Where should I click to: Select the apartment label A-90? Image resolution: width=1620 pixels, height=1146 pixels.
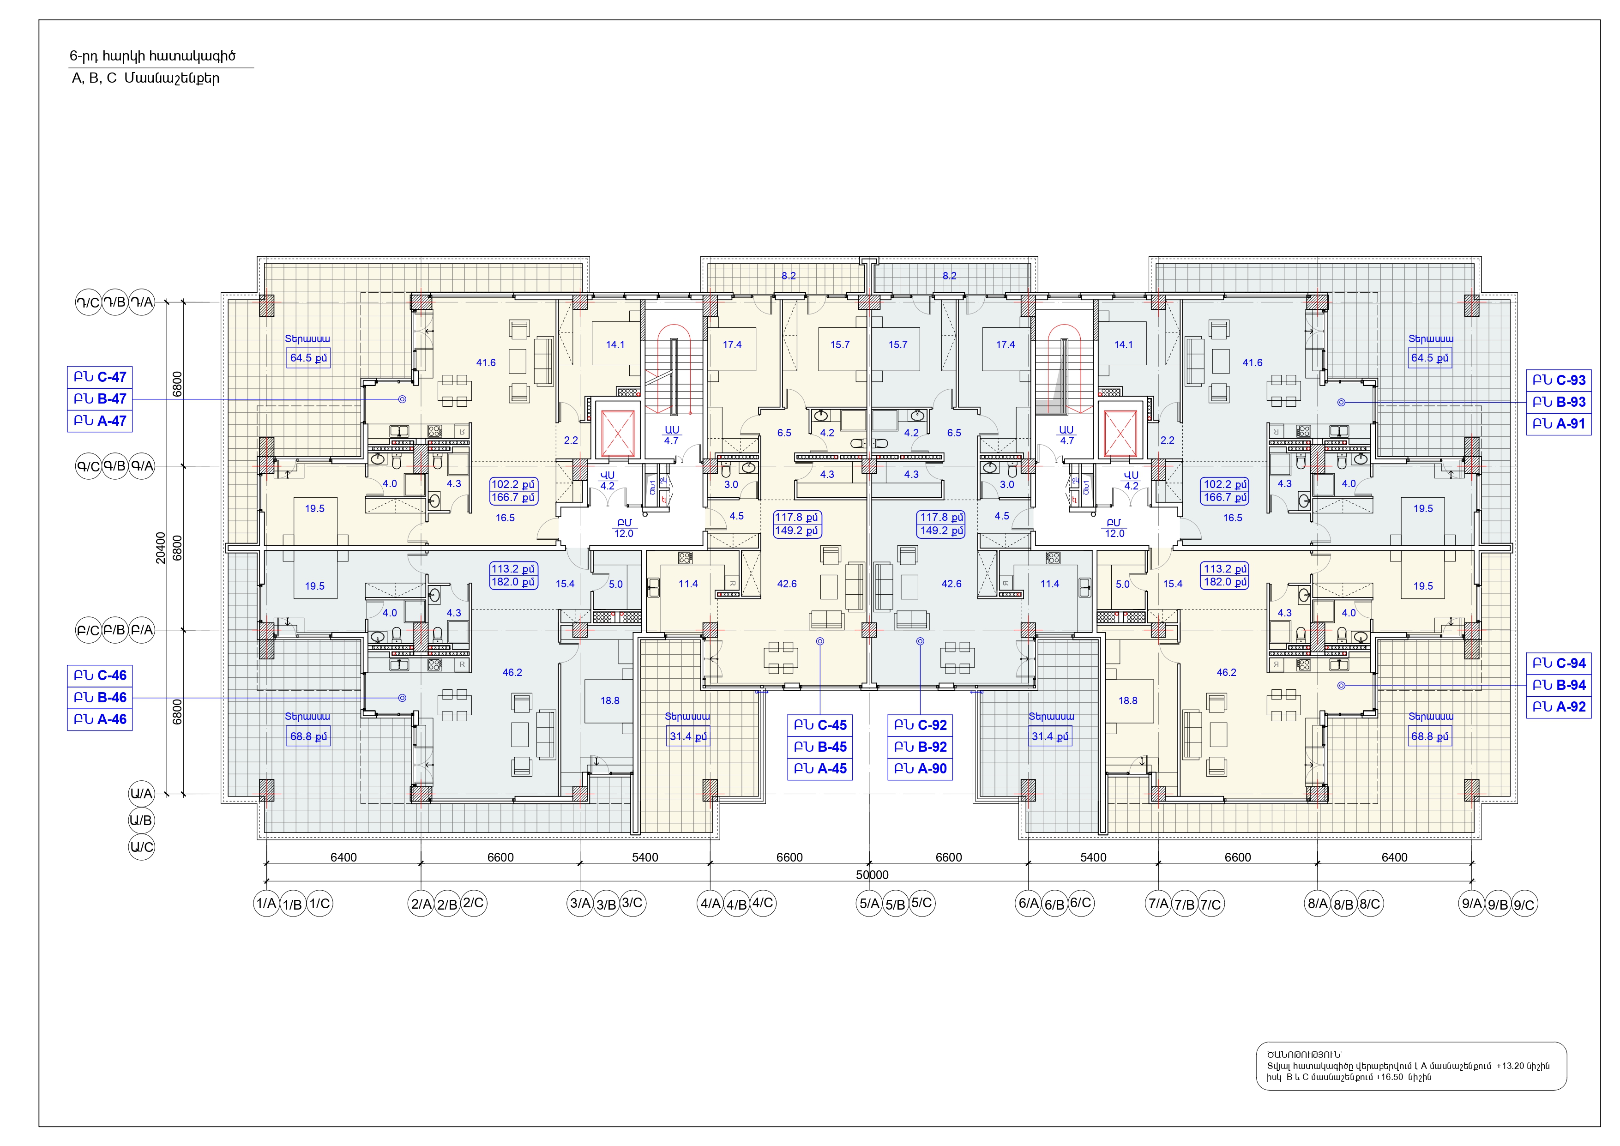(920, 768)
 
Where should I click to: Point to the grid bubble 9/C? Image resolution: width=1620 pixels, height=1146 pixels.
(1524, 905)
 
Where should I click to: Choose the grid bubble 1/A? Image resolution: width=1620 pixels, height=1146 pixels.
(266, 903)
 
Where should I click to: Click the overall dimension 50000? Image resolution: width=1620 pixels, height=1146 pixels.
(872, 875)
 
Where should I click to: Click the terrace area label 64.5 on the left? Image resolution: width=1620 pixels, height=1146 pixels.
(308, 358)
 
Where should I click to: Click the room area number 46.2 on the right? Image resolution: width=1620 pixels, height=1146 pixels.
(1226, 672)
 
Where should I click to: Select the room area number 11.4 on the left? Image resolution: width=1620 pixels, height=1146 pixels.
(688, 584)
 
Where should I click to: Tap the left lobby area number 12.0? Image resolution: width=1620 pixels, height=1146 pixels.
(624, 533)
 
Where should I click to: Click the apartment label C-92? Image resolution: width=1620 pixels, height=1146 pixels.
(920, 725)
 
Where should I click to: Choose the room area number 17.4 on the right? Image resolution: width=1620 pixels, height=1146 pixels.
(1006, 344)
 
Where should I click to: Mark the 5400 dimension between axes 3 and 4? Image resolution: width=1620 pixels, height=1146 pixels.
(645, 856)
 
